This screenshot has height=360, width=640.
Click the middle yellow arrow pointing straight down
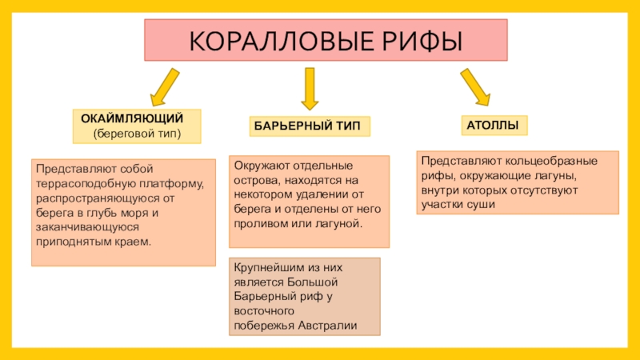click(x=309, y=88)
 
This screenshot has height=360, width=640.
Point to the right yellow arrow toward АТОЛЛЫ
click(x=475, y=87)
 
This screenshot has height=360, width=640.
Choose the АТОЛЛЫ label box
click(x=493, y=126)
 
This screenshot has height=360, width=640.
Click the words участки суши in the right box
click(x=456, y=204)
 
